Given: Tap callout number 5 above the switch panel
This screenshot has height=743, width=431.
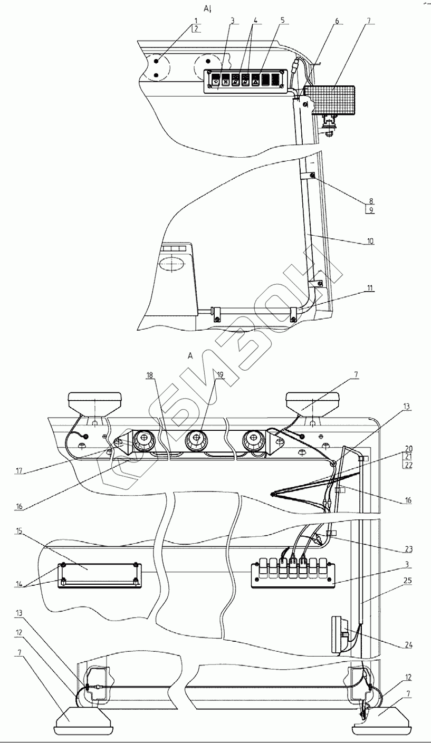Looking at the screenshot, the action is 282,21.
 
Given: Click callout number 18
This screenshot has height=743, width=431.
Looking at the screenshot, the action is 150,375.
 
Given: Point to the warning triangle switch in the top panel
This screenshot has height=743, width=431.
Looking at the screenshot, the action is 255,81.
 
